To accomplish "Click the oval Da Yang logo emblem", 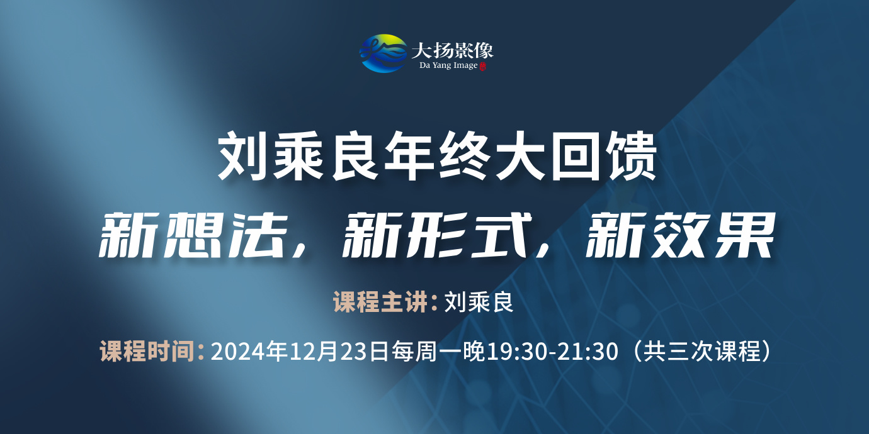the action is (383, 53).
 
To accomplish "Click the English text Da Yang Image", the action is (448, 65).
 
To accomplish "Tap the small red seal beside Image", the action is (482, 66).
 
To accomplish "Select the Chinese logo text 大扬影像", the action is (452, 50).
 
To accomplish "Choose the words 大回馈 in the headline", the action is (576, 156).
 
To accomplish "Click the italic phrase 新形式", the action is (436, 235).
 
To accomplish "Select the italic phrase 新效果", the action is (680, 235).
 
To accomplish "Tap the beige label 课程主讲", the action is (380, 302).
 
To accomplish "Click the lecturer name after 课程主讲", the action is (479, 302).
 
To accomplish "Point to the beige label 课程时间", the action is (147, 351).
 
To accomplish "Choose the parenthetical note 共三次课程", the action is (701, 351).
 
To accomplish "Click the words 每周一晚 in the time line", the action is (438, 351).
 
